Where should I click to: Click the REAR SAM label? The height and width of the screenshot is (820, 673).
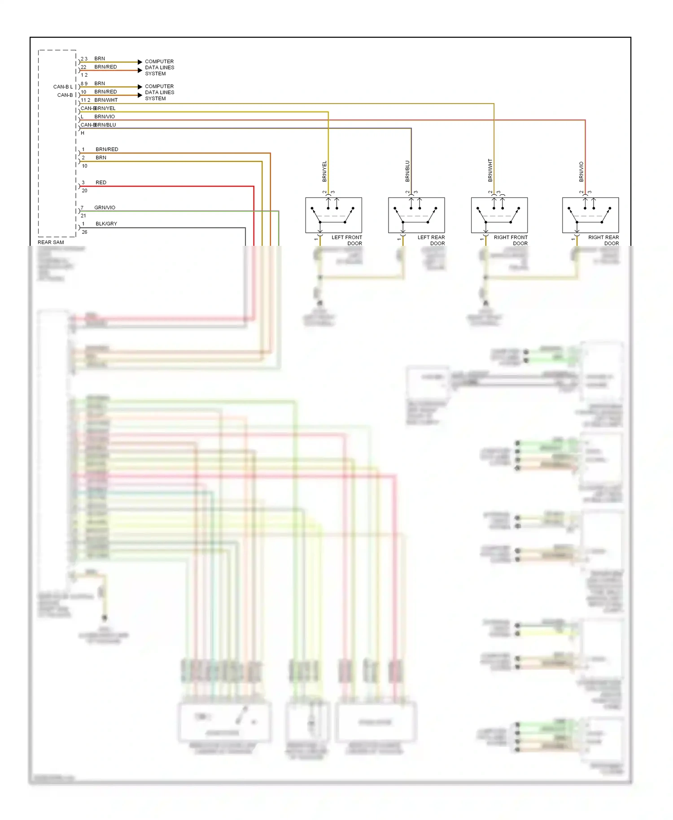click(51, 242)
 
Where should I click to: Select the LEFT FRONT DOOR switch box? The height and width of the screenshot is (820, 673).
click(333, 215)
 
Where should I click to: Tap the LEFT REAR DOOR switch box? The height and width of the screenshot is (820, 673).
click(416, 215)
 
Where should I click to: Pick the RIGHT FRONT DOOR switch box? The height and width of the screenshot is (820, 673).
click(499, 215)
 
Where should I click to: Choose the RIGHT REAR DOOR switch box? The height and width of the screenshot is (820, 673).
click(590, 215)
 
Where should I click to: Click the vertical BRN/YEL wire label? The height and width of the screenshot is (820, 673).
click(324, 171)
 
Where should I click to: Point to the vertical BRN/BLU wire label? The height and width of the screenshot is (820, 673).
click(407, 171)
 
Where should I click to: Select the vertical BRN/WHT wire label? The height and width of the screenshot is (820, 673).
click(490, 170)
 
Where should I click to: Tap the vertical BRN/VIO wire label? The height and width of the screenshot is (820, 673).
click(581, 172)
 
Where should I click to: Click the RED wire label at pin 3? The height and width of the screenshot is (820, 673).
click(101, 183)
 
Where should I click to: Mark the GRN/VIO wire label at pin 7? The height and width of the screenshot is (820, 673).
click(105, 208)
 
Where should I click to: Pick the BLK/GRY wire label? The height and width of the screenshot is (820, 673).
click(106, 224)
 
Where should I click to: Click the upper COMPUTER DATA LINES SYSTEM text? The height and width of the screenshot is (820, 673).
click(159, 67)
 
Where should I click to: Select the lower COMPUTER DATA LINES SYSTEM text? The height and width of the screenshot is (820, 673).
click(159, 92)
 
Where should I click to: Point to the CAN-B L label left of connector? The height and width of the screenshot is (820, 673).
click(63, 87)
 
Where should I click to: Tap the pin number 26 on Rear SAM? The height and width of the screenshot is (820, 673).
click(84, 232)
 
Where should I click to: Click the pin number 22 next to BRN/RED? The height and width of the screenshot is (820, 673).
click(83, 67)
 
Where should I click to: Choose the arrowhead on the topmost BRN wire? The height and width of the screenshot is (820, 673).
click(140, 62)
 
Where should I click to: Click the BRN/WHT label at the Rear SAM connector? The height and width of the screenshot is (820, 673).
click(106, 100)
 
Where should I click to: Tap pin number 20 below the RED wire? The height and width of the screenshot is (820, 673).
click(84, 191)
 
